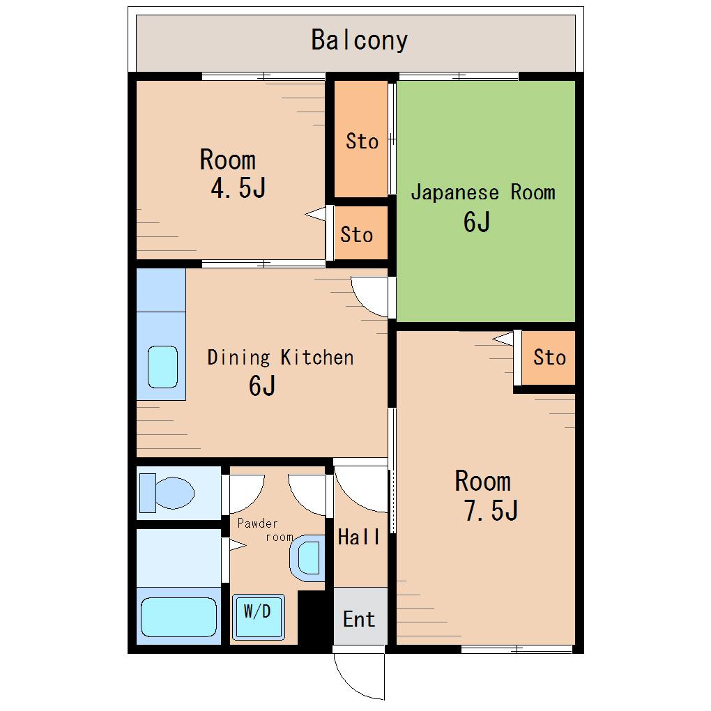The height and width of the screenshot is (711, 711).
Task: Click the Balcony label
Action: tap(359, 40)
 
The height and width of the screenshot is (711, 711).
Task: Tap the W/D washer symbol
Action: tap(258, 617)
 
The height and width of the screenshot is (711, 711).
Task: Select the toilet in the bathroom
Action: tap(167, 493)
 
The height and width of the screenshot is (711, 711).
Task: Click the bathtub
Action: tap(178, 617)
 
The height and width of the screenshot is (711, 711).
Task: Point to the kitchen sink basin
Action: tap(162, 367)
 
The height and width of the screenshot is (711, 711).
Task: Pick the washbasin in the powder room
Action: tap(307, 558)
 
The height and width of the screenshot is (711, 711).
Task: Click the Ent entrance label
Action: tap(359, 620)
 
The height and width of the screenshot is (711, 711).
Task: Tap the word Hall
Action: tap(359, 537)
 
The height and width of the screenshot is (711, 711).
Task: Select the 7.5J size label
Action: tap(491, 510)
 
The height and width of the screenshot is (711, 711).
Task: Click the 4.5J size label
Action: tap(238, 188)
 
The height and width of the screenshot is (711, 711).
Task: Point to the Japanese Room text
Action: tap(483, 192)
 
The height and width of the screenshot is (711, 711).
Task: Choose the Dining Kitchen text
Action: tap(280, 358)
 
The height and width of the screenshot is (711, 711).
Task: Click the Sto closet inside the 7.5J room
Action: tap(549, 358)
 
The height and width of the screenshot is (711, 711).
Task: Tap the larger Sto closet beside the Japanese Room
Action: tap(361, 139)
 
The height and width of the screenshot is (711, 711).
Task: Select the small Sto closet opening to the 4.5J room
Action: tap(361, 233)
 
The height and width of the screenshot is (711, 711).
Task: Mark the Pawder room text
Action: tap(266, 530)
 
